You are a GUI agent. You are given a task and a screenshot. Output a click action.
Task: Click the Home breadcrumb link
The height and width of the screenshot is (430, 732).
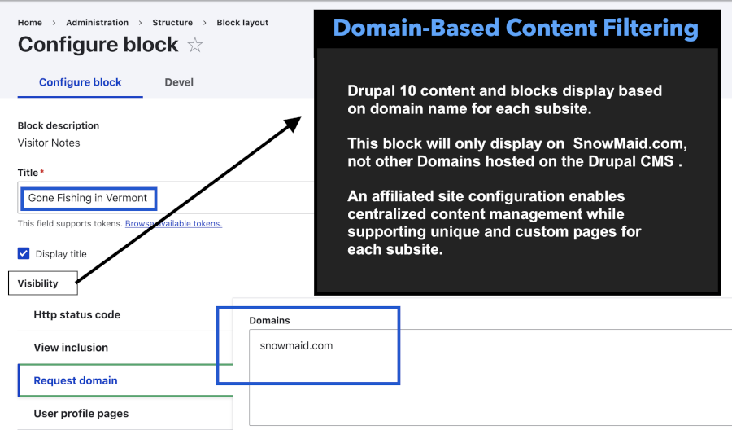point(30,23)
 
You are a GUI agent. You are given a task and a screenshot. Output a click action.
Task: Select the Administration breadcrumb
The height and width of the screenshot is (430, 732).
point(97,23)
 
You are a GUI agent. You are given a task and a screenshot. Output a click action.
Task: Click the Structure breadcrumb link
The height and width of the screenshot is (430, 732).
point(172,23)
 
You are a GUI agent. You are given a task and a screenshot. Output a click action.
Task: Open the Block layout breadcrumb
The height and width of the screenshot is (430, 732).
point(242,23)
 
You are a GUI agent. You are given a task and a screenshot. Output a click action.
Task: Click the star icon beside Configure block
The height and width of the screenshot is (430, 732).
point(195,46)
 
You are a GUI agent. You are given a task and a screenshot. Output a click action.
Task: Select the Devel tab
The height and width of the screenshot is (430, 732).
point(179,82)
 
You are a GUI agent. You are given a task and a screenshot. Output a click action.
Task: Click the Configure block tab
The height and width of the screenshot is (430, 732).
point(80,82)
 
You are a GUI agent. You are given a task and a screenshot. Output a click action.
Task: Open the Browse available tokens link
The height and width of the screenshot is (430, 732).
point(173,223)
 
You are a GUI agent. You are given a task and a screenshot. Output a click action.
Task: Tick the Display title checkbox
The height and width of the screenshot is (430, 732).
point(24,253)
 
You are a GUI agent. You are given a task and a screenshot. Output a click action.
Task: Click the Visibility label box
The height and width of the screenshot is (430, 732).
point(38,283)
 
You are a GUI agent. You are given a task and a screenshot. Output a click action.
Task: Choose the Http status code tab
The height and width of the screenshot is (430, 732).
point(76,315)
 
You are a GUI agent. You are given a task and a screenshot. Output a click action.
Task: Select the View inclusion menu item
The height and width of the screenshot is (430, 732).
point(71,348)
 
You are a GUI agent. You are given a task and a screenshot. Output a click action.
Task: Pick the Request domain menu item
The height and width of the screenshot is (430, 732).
point(76,380)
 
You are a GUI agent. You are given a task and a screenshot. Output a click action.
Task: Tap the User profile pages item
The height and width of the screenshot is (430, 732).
point(81,413)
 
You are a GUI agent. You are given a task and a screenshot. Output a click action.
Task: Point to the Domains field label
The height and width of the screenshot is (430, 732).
point(269,321)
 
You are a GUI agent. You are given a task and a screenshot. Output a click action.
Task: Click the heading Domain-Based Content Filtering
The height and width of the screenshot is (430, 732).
point(516,29)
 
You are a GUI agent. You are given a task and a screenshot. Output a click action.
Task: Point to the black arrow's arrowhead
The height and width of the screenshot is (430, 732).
point(294,123)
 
